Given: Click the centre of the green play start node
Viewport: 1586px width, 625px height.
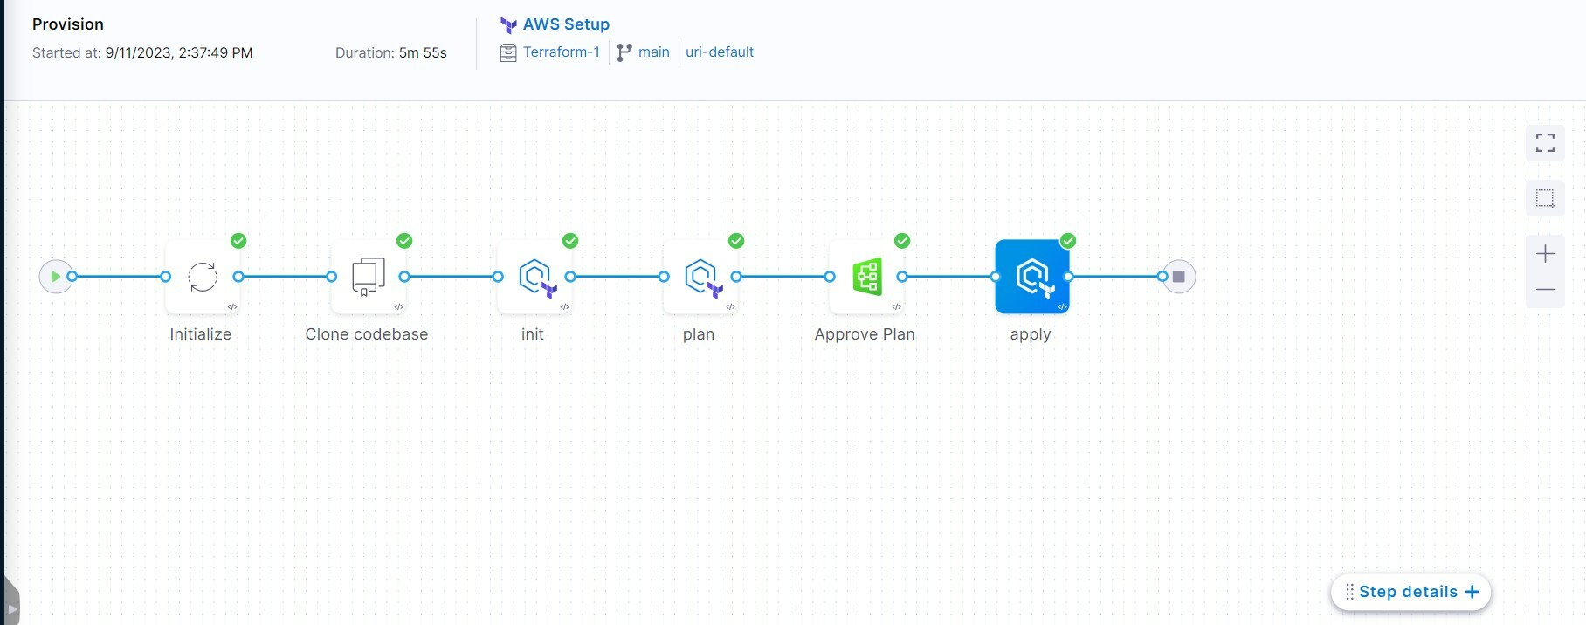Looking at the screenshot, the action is click(x=56, y=277).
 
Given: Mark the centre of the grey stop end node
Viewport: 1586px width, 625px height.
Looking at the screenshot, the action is click(x=1178, y=277).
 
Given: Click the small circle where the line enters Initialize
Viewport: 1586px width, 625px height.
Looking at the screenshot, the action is click(x=166, y=277).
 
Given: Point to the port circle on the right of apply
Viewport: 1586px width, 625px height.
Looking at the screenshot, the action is click(x=1068, y=277).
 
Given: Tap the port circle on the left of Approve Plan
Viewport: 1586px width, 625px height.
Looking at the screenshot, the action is click(x=830, y=277).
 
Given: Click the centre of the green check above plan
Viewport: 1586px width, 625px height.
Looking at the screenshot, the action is click(x=736, y=241).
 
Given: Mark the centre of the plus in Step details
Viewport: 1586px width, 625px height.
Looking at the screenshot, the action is click(x=1472, y=592).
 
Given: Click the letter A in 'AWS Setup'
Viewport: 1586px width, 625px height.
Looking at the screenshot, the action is click(x=529, y=24).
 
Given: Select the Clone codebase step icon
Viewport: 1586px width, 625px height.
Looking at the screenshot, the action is click(x=368, y=277).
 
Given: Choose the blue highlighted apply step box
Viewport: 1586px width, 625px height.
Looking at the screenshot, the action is click(x=1031, y=277).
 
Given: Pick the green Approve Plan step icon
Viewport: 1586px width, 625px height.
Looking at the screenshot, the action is click(x=866, y=277).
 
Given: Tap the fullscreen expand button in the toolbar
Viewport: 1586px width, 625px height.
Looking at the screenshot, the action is click(x=1545, y=143).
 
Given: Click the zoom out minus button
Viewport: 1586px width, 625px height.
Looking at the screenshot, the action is click(x=1545, y=290).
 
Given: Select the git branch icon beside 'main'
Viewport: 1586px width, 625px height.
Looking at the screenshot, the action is click(x=624, y=52).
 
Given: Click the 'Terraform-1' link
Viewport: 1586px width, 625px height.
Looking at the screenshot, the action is click(x=562, y=52).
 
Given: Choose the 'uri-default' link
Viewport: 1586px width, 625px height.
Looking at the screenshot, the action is click(x=720, y=52).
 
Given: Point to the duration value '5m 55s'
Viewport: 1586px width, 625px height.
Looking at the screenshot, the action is click(x=423, y=53).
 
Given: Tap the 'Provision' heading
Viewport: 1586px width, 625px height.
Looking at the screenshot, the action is click(x=68, y=24).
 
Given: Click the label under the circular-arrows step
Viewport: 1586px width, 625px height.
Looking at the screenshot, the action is click(x=201, y=334).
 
